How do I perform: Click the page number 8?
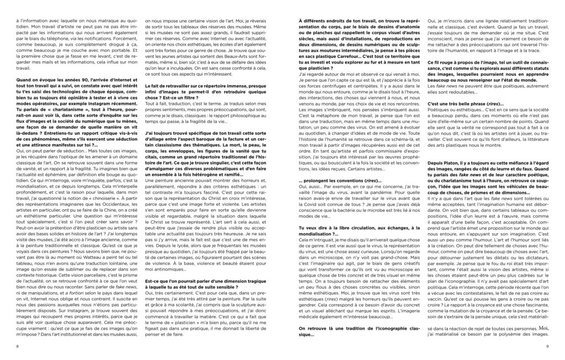pyautogui.click(x=18, y=346)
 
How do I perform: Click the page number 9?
pyautogui.click(x=546, y=346)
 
